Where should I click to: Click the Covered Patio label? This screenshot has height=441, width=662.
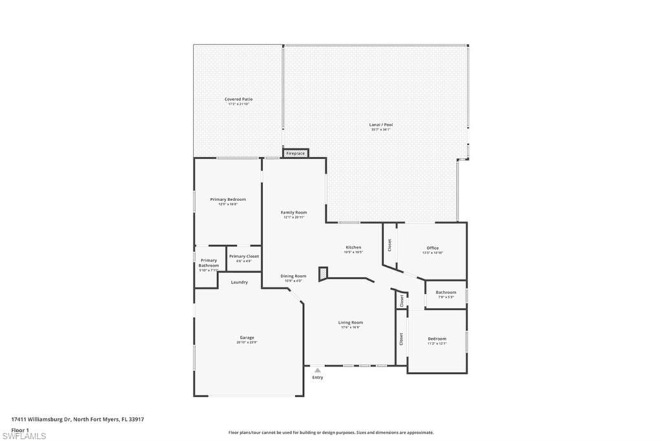tap(238, 100)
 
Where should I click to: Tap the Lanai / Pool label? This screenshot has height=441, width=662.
tap(381, 125)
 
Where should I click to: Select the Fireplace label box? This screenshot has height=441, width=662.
tap(296, 154)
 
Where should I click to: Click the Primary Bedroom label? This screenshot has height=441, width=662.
tap(228, 200)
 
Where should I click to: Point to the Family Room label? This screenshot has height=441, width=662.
tap(294, 213)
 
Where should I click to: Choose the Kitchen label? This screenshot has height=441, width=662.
tap(353, 248)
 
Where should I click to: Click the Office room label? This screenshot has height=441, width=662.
tap(432, 248)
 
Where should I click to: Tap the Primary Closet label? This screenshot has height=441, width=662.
tap(244, 257)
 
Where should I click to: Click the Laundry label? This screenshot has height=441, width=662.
tap(239, 282)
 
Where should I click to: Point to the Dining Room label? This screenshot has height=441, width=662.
tap(294, 276)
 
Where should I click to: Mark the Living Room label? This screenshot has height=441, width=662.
tap(350, 323)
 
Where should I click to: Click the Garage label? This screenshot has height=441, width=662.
tap(247, 338)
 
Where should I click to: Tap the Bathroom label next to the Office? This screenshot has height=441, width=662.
tap(445, 292)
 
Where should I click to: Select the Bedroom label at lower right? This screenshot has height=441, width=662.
tap(437, 339)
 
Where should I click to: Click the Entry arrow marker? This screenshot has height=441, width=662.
tap(317, 371)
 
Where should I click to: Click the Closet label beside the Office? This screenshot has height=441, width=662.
tap(390, 245)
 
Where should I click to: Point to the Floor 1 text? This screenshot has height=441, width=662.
tap(21, 429)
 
